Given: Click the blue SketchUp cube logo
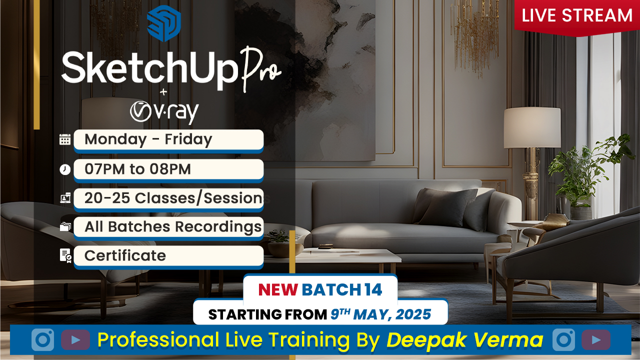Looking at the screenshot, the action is [x=163, y=23].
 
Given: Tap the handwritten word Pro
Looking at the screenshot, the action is [x=260, y=69].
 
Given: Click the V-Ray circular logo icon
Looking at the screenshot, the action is [x=140, y=111].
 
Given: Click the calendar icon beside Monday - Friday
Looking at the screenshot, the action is [x=65, y=139].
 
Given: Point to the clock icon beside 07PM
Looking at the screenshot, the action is [x=65, y=169].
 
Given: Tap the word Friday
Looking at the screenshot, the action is [x=188, y=139].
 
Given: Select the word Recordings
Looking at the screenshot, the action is [x=218, y=227].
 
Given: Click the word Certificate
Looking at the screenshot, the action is [x=125, y=255].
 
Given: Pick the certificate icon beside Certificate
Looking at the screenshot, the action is [x=65, y=255].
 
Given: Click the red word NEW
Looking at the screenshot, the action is [x=278, y=289].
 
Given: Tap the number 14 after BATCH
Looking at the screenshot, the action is [x=373, y=289].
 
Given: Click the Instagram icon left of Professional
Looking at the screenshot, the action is [x=42, y=339].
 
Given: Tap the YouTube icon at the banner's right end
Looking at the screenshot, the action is [x=596, y=339].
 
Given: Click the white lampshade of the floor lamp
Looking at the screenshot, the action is [x=532, y=127].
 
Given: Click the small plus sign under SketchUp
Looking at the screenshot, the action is [x=163, y=92].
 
